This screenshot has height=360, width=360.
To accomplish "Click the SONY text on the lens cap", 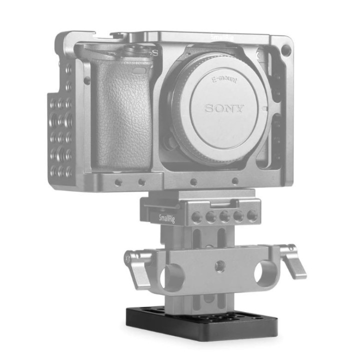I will [x=224, y=108].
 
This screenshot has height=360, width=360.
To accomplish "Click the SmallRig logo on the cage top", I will [x=220, y=36].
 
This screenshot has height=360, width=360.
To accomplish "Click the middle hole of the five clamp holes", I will [x=225, y=215].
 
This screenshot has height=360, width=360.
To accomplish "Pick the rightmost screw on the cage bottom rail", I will [x=235, y=181].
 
